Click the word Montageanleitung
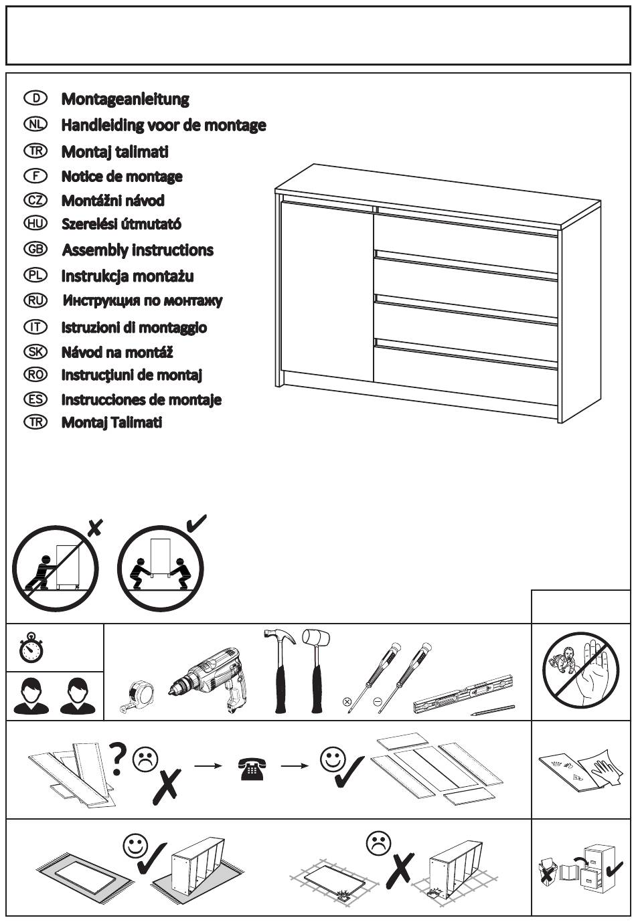click(x=125, y=99)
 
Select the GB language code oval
click(x=35, y=249)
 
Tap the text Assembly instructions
click(x=138, y=250)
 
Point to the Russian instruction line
click(x=142, y=300)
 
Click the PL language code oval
click(x=35, y=275)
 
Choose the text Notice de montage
click(x=122, y=177)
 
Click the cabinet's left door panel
click(x=326, y=292)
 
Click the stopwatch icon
click(x=31, y=648)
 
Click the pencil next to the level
click(x=493, y=709)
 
